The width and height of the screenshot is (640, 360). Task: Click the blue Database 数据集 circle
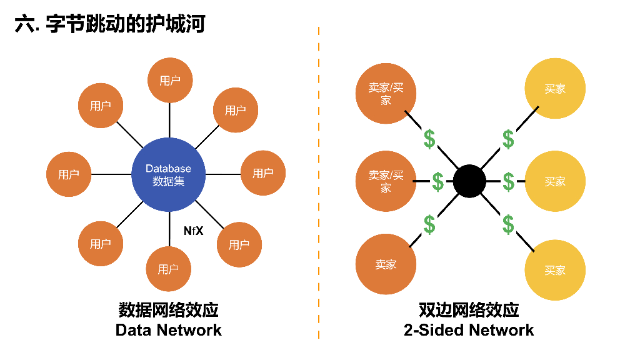coord(169,174)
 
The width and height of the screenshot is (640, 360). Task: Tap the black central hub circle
coord(469,181)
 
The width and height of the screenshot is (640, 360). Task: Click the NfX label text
coord(193,231)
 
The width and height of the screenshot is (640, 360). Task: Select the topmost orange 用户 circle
coord(170,80)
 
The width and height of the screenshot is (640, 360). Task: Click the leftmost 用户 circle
coord(69,174)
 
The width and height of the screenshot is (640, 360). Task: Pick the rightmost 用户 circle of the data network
coord(263,173)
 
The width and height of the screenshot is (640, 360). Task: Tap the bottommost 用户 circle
coord(169,269)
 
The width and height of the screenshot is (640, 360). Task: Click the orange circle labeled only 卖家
coord(386,264)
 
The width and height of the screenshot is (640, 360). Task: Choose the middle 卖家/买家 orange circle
coord(386,181)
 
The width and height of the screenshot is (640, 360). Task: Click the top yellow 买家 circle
coord(555,89)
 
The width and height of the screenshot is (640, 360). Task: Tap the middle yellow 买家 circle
coord(555,181)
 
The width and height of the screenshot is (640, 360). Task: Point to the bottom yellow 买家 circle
coord(555,270)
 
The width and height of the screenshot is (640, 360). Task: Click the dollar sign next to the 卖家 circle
coord(429,224)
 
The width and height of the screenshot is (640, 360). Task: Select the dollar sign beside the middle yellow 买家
coord(509,182)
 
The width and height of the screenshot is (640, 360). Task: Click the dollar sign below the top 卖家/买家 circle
coord(429,139)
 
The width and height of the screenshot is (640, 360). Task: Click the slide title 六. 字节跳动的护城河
coord(110,24)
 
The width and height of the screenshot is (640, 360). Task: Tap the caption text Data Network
coord(169,330)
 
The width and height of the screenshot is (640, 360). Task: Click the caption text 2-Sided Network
coord(469,330)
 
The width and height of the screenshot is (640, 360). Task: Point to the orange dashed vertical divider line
coord(319,187)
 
